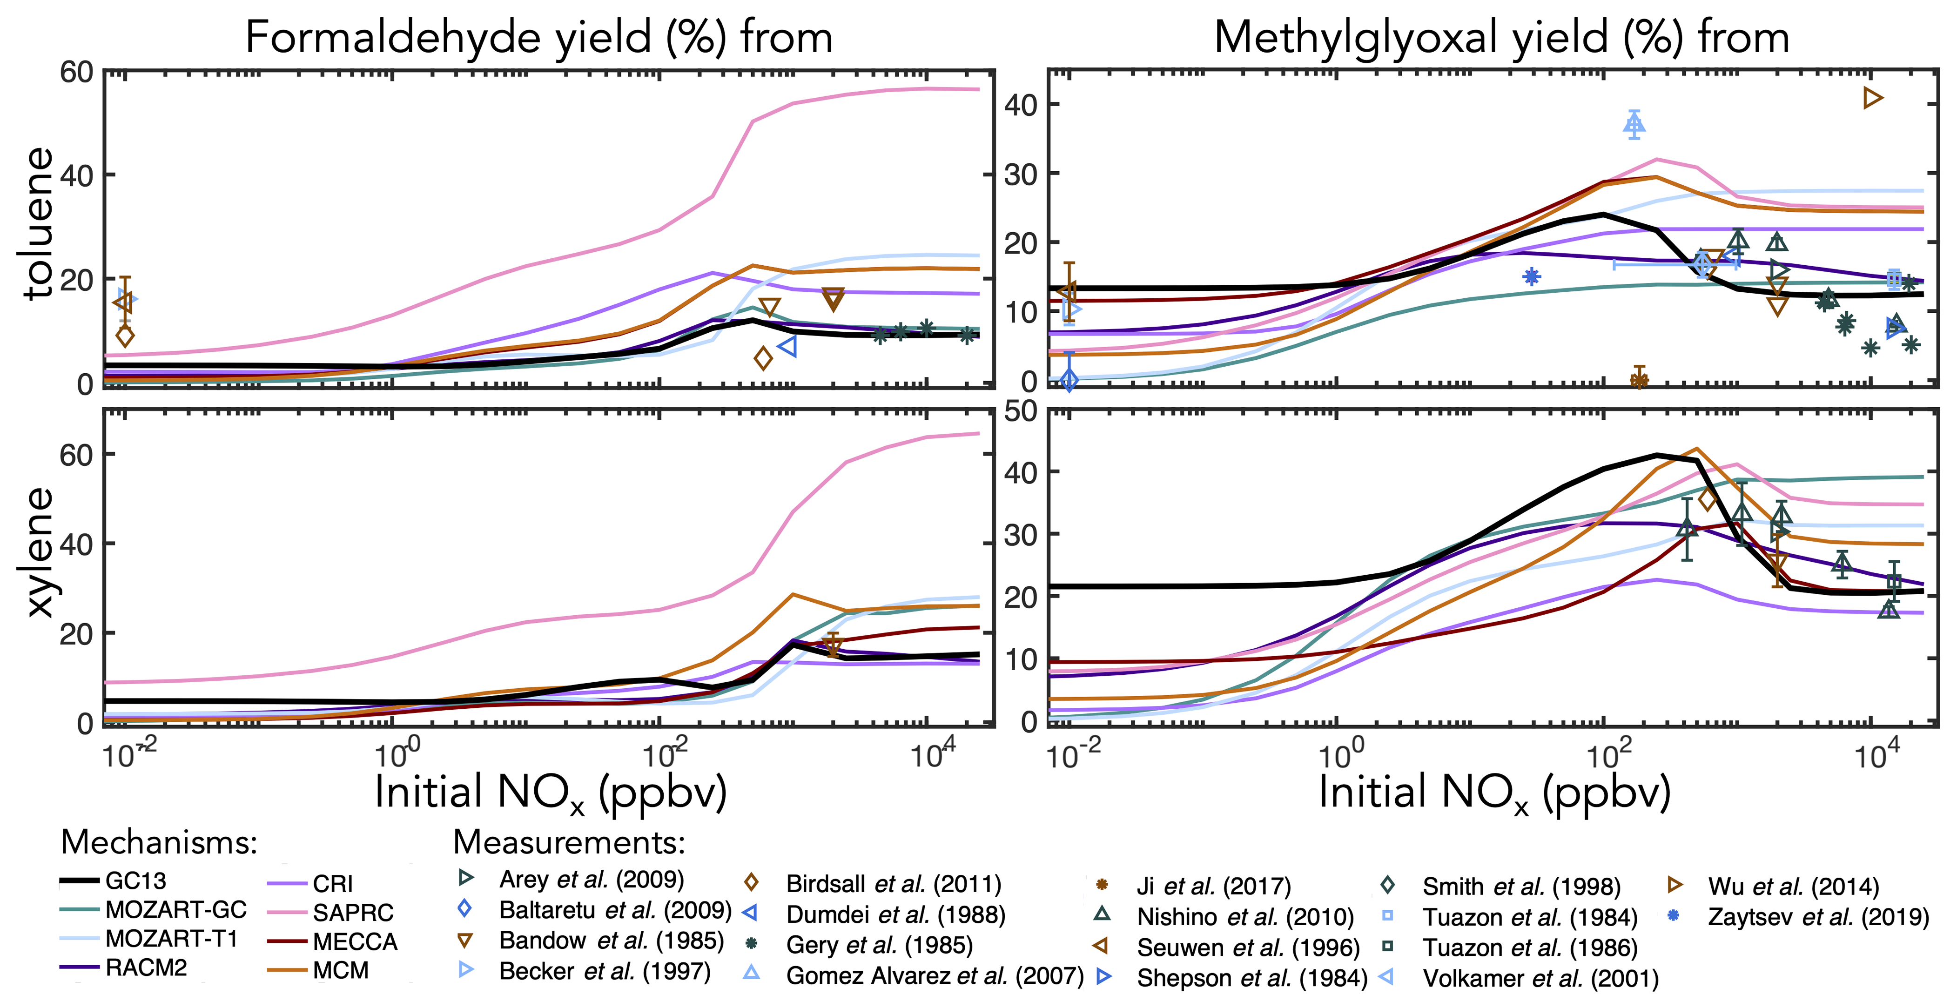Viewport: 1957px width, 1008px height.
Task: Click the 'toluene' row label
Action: pyautogui.click(x=38, y=224)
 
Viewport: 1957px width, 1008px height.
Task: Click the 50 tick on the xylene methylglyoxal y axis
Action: pyautogui.click(x=1020, y=411)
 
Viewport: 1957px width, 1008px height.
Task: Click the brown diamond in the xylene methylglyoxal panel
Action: pyautogui.click(x=1707, y=499)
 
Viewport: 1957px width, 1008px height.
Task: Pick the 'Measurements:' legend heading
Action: pyautogui.click(x=569, y=842)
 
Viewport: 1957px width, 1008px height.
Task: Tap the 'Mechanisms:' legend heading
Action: pyautogui.click(x=160, y=842)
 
